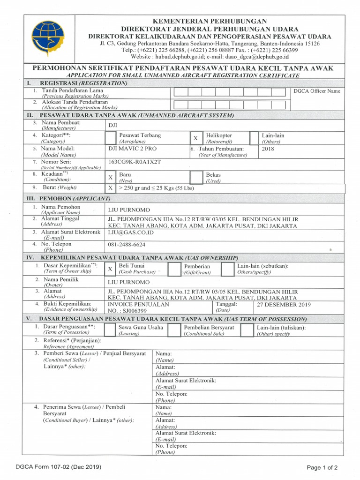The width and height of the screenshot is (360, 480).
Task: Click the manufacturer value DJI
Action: point(113,125)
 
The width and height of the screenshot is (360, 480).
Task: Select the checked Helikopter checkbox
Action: point(195,138)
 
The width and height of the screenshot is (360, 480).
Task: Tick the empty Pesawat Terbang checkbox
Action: point(110,138)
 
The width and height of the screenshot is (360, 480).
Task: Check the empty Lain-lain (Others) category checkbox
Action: point(254,138)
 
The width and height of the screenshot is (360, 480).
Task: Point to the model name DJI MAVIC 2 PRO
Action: point(133,149)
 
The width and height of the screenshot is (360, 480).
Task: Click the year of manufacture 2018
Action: point(268,149)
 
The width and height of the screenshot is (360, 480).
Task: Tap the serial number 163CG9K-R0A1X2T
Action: point(135,162)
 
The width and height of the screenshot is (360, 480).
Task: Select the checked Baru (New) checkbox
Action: point(110,177)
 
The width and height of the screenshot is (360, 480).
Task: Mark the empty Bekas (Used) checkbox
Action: point(195,177)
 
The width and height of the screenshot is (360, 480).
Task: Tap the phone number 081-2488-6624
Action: point(127,245)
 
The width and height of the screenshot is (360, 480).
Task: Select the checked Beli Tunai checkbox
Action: point(110,269)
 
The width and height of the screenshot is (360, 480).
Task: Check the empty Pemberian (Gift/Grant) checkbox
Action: point(174,269)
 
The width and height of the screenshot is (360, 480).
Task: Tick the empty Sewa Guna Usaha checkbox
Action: point(110,330)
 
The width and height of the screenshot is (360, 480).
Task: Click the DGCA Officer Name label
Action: point(316,91)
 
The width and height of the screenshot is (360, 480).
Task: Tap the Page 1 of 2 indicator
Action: point(322,467)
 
